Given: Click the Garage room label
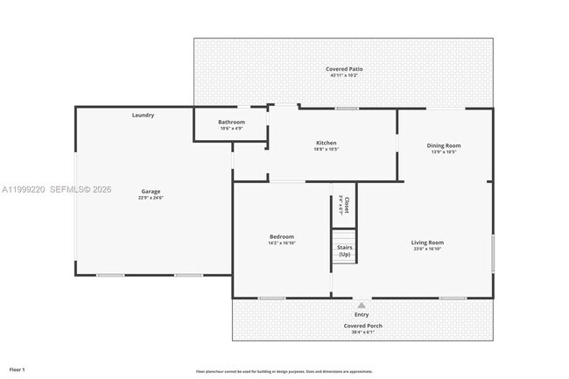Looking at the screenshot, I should pos(151,192).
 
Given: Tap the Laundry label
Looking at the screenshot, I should pos(143,116).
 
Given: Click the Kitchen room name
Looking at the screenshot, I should pos(326,143).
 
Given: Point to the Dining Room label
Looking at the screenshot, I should pos(443,145).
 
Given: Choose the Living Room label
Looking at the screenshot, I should pos(427,242).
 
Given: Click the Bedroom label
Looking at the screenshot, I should pos(281,236).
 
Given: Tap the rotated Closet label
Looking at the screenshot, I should pos(346,206).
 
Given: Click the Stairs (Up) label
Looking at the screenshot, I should pos(344,250).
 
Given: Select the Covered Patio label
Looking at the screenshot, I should pos(344,68).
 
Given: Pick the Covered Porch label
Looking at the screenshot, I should pos(362,326).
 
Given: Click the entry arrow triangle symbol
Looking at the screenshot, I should pos(362,305).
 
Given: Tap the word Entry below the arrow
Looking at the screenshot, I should pos(362,314).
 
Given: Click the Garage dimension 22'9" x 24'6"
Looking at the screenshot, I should pos(151,198).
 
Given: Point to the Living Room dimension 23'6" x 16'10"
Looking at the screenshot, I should pos(427,249).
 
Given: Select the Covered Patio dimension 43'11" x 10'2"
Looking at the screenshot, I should pos(344,75).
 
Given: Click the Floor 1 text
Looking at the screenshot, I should pos(17,369).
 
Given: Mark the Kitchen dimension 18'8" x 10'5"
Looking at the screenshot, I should pos(326,149).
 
